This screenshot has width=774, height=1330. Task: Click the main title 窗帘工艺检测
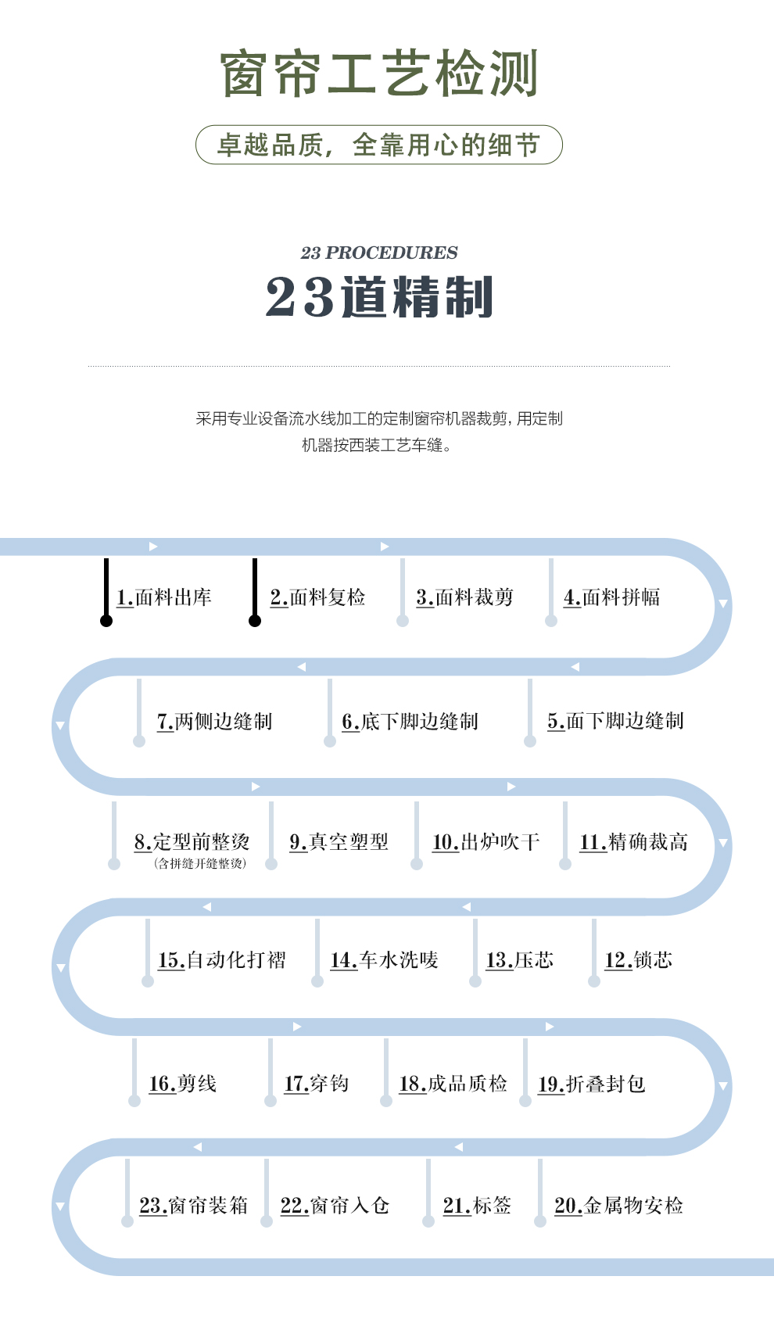point(378,73)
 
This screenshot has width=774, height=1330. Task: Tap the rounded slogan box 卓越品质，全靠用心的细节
point(378,145)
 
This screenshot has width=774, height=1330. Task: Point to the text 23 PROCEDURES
point(378,253)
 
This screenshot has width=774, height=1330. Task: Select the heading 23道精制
point(378,296)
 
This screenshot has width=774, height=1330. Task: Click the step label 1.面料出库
point(164,597)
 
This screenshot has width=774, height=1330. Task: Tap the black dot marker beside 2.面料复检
point(255,621)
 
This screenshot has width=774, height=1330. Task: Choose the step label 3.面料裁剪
point(464,597)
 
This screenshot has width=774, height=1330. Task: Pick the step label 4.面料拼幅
point(611,597)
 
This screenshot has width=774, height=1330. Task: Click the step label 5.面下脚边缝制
point(615,721)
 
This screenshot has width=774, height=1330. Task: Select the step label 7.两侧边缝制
point(214,722)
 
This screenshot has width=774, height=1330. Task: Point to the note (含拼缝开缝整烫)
point(200,863)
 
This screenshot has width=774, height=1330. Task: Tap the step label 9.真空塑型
point(339,842)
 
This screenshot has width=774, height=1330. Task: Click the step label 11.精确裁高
point(633,842)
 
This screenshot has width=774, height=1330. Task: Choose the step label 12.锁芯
point(638,960)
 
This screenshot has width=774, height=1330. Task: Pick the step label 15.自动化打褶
point(221,960)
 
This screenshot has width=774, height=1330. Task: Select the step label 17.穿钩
point(316,1084)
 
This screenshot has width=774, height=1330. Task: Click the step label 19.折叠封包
point(591,1084)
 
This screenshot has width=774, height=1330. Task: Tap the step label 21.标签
point(477,1206)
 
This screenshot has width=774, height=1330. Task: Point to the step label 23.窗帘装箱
point(193,1206)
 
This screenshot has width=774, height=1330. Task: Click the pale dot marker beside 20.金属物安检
point(540,1221)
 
